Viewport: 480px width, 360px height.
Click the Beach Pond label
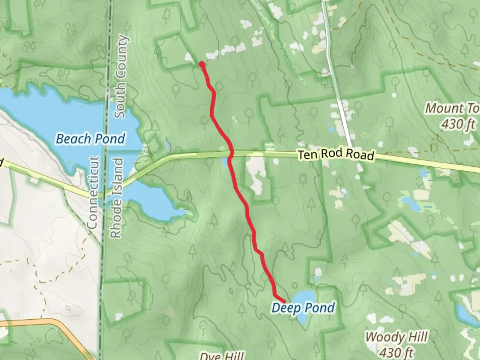[90, 139]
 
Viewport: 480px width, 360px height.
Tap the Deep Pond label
[303, 308]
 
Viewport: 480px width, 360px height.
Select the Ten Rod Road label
[336, 154]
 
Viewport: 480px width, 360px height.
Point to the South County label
[120, 77]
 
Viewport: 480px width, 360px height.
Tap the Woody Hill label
[396, 337]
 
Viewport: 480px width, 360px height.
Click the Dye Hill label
[221, 356]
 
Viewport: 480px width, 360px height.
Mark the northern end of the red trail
[202, 64]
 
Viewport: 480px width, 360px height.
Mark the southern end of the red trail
[285, 301]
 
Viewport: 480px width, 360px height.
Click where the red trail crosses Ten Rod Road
[231, 153]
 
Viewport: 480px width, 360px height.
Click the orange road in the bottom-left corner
[50, 321]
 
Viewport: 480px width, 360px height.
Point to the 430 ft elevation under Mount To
[458, 124]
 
